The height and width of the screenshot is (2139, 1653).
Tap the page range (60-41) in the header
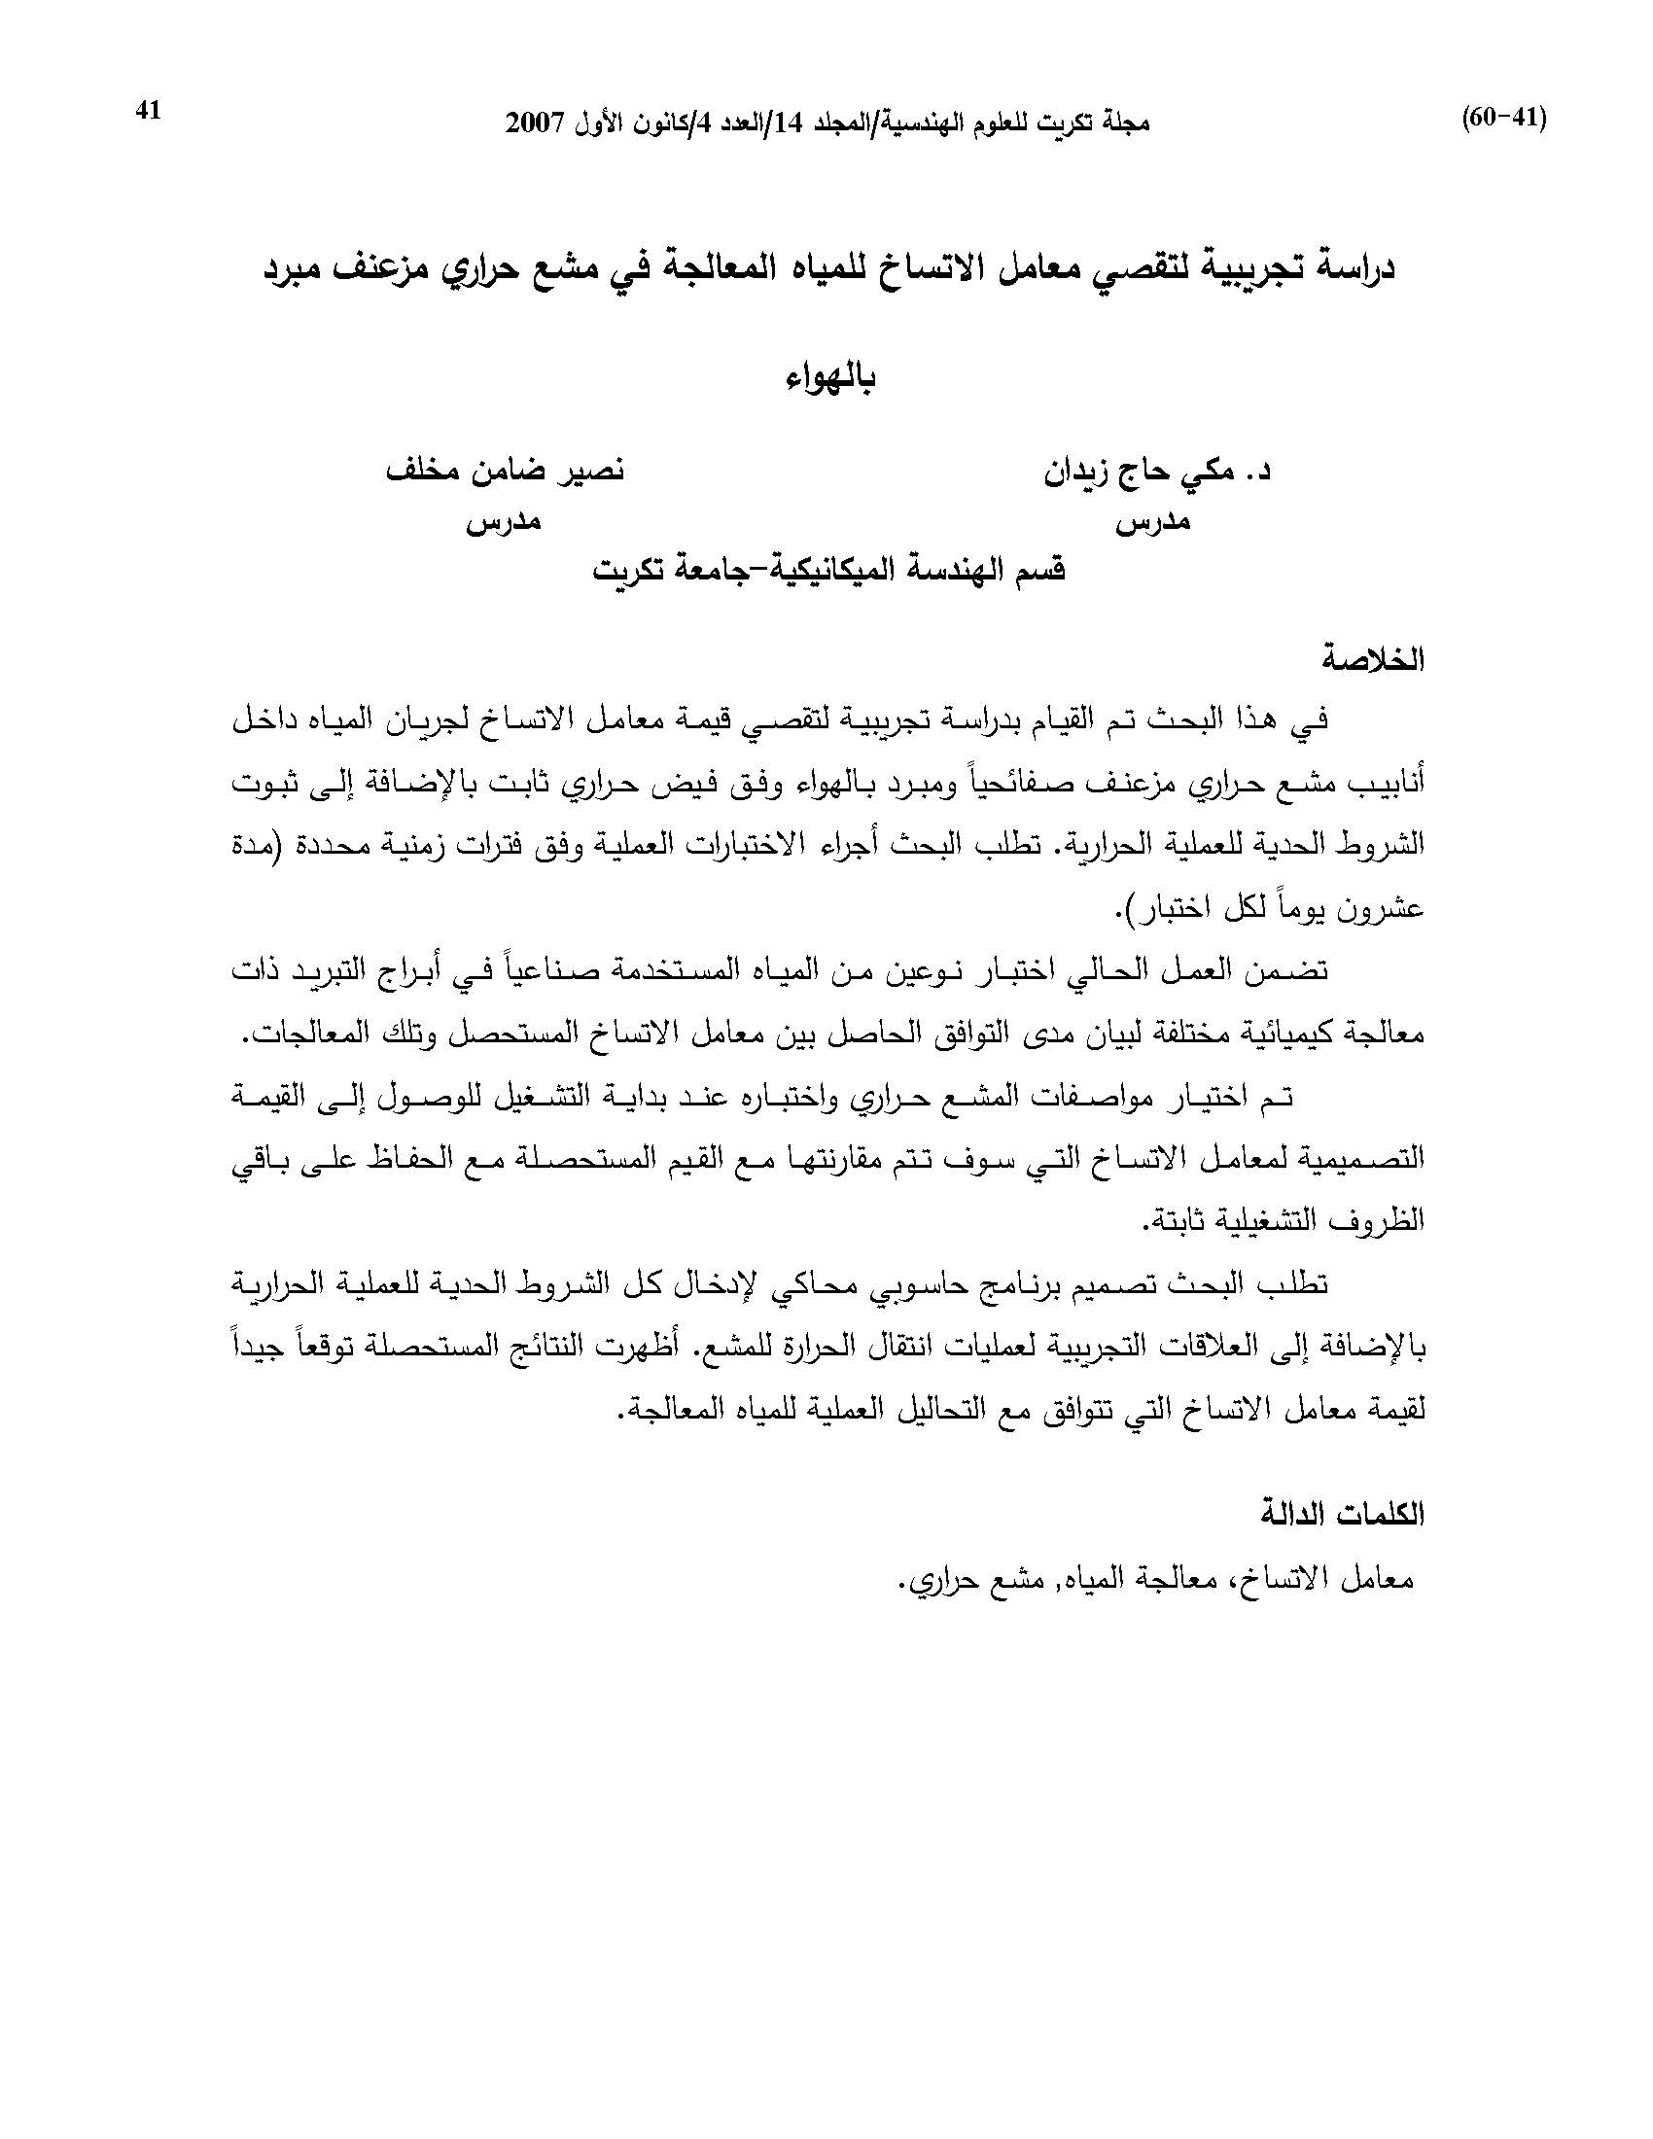[1503, 119]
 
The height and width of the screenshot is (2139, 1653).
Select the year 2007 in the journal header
[536, 123]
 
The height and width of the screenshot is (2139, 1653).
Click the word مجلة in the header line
[1127, 123]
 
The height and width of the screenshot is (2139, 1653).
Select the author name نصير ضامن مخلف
[504, 472]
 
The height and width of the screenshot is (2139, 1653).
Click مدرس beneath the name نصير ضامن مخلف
[504, 522]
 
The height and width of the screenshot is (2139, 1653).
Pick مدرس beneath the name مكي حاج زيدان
[1152, 522]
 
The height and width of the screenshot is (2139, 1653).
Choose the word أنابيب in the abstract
[1382, 784]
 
